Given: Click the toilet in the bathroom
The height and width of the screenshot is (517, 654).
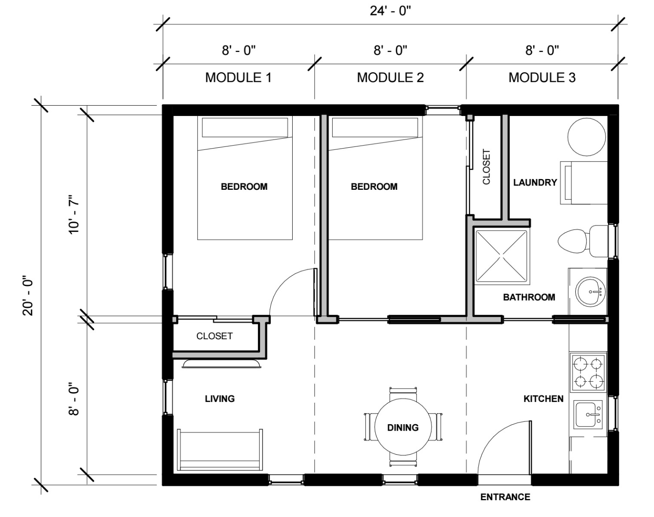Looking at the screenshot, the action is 583,241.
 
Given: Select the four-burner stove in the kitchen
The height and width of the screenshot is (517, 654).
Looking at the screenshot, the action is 588,372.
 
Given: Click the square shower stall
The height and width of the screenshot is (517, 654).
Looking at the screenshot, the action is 501,256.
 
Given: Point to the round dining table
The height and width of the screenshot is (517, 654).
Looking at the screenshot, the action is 403,427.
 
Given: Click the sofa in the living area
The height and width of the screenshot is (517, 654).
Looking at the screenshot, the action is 220,450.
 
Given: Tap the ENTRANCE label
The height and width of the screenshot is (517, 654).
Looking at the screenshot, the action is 505,497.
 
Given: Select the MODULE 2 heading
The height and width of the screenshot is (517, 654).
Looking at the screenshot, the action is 390,77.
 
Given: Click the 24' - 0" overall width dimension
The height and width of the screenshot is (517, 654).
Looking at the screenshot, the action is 390,11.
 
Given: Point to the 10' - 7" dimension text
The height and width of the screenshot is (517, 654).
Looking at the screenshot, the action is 73,214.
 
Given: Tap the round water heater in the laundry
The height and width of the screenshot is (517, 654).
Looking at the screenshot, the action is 587,137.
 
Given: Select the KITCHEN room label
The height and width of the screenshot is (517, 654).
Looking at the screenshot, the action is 544,399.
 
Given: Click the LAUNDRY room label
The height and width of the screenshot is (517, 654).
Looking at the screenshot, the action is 535,182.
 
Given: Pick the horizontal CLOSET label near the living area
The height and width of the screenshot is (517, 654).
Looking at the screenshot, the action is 214,336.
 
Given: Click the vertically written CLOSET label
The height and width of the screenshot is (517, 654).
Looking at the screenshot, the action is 486,167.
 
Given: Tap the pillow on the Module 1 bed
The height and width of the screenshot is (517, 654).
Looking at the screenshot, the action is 245,127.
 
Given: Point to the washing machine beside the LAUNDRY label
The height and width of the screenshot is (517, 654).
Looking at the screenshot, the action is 584,183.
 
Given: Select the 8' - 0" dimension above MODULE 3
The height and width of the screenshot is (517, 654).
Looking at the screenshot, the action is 542,50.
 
